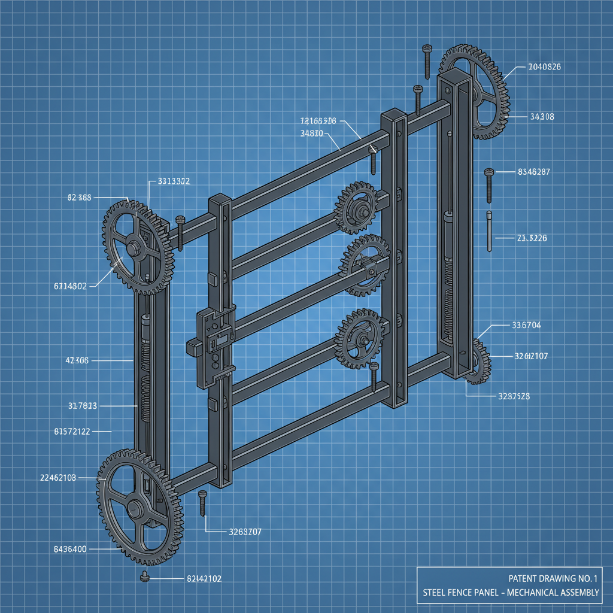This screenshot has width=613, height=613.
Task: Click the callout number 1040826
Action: click(x=544, y=67)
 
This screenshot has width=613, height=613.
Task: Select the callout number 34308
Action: click(x=542, y=117)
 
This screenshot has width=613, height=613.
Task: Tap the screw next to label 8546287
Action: click(x=488, y=184)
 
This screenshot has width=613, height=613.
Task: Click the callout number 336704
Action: click(x=526, y=326)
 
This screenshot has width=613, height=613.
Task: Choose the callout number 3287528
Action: click(x=514, y=396)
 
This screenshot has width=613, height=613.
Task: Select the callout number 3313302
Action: click(x=174, y=181)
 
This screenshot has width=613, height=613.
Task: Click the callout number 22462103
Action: click(x=57, y=477)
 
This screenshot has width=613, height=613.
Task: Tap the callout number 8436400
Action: click(x=62, y=549)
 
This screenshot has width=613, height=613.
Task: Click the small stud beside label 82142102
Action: click(x=144, y=577)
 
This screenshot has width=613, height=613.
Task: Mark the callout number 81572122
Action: click(x=72, y=431)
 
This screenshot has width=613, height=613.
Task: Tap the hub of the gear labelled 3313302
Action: click(x=132, y=248)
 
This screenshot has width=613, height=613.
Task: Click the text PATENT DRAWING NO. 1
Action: click(x=553, y=578)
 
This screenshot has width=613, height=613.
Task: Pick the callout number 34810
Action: click(x=311, y=133)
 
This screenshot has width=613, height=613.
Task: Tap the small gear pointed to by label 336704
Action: click(x=477, y=361)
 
